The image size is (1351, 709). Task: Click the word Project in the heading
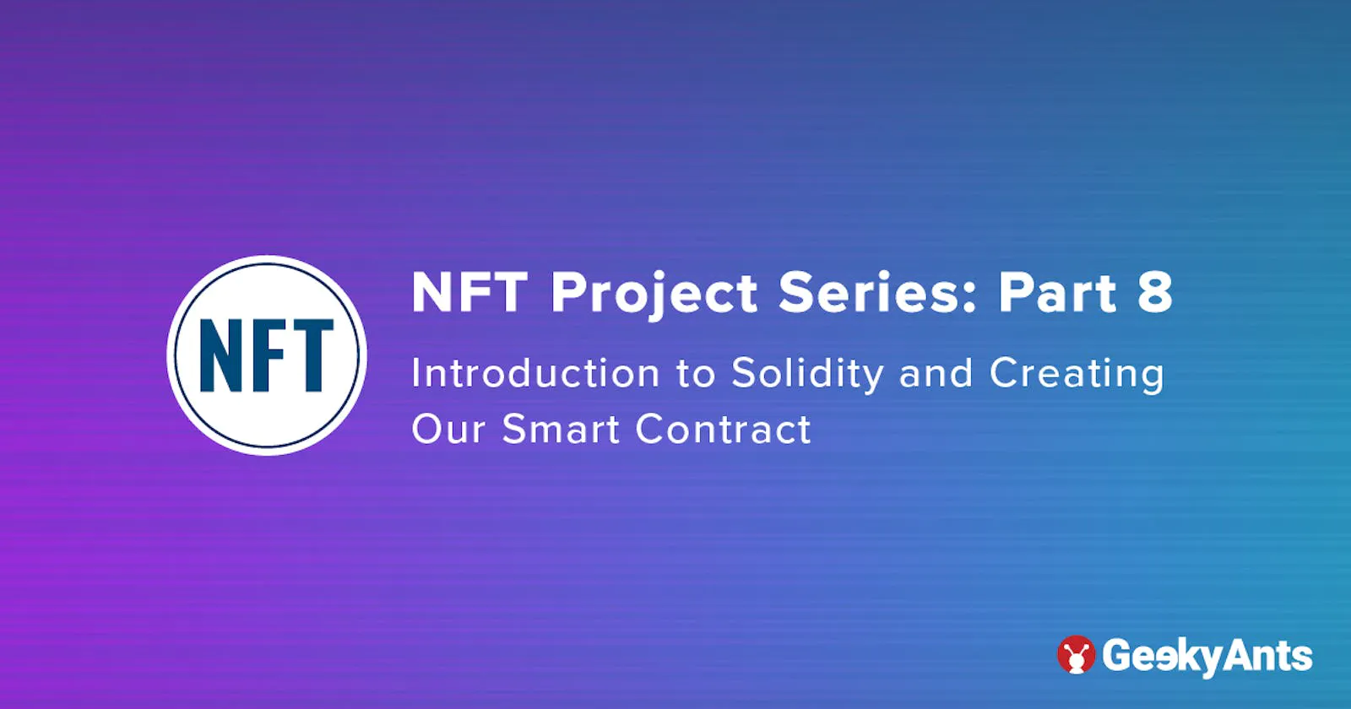tap(654, 295)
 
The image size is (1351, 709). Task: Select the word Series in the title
tap(869, 292)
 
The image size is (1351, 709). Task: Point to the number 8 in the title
tap(1155, 292)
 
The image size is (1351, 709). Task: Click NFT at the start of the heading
tap(469, 292)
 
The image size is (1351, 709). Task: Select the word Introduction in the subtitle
tap(535, 372)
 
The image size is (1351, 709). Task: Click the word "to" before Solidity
tap(696, 374)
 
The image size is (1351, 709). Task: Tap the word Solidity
tap(807, 374)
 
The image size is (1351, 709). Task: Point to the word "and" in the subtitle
tap(936, 373)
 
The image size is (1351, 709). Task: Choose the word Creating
tap(1077, 374)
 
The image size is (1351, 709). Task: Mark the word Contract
tap(723, 429)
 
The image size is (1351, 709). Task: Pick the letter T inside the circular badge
tap(310, 355)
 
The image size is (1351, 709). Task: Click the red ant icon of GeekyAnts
tap(1076, 654)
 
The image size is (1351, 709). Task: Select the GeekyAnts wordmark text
tap(1207, 657)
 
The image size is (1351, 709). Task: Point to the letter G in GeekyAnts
tap(1117, 655)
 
